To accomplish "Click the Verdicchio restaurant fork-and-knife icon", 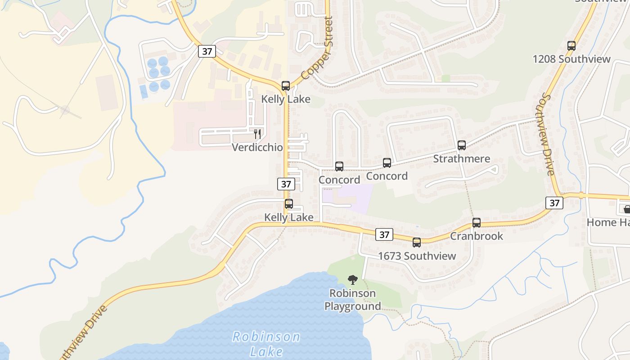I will pyautogui.click(x=257, y=134).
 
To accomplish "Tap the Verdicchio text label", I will pyautogui.click(x=257, y=147).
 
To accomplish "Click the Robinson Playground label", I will pyautogui.click(x=353, y=300).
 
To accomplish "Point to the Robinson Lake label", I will pyautogui.click(x=266, y=343).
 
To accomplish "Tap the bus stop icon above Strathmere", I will pyautogui.click(x=461, y=145).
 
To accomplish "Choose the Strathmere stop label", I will pyautogui.click(x=461, y=159).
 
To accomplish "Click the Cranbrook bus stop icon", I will pyautogui.click(x=477, y=222).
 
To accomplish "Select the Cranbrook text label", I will pyautogui.click(x=477, y=236).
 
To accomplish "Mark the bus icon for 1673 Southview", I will pyautogui.click(x=417, y=243).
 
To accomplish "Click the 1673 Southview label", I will pyautogui.click(x=417, y=256).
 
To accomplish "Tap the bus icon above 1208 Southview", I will pyautogui.click(x=571, y=45).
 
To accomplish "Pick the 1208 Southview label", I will pyautogui.click(x=571, y=59).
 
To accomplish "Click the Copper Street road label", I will pyautogui.click(x=318, y=48).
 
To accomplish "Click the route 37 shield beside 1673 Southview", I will pyautogui.click(x=384, y=234).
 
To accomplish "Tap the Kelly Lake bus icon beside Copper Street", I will pyautogui.click(x=286, y=85).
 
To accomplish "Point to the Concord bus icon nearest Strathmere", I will pyautogui.click(x=387, y=162).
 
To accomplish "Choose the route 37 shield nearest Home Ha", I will pyautogui.click(x=554, y=203).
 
